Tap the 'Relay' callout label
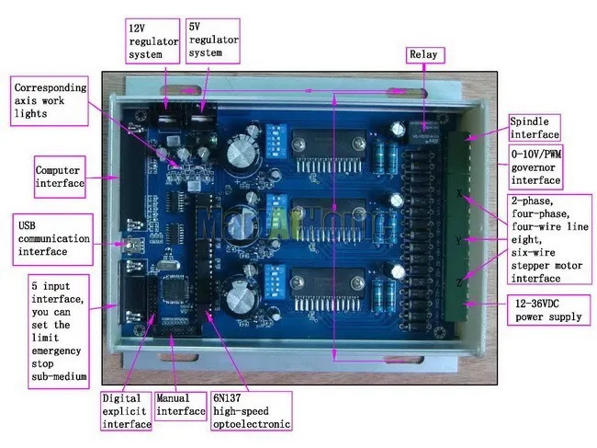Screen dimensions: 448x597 pos(423,55)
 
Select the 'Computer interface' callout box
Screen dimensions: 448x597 pos(60,178)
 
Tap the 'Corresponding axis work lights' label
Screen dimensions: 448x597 pos(51,102)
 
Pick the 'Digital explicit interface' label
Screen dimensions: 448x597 pos(125,410)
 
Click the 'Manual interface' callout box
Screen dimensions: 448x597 pos(180,405)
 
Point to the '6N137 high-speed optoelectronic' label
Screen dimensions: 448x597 pos(250,410)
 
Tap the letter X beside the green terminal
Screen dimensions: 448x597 pos(460,194)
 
